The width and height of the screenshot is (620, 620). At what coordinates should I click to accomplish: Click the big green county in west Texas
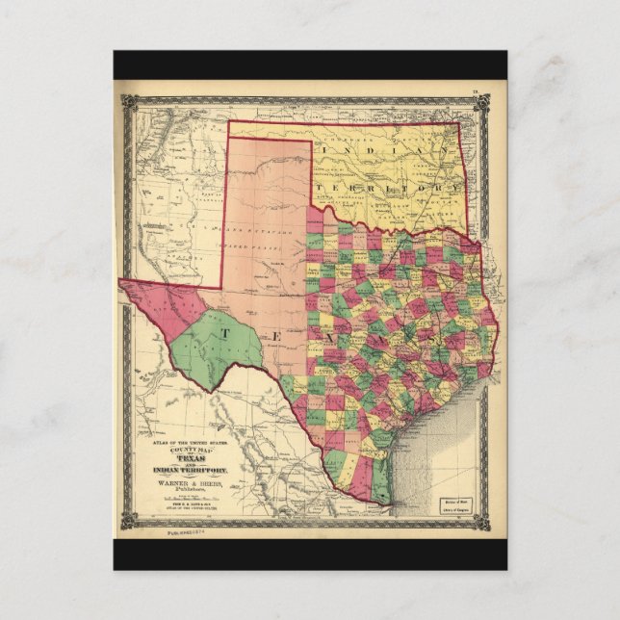217,347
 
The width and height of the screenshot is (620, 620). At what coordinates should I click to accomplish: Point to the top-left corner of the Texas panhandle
228,137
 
